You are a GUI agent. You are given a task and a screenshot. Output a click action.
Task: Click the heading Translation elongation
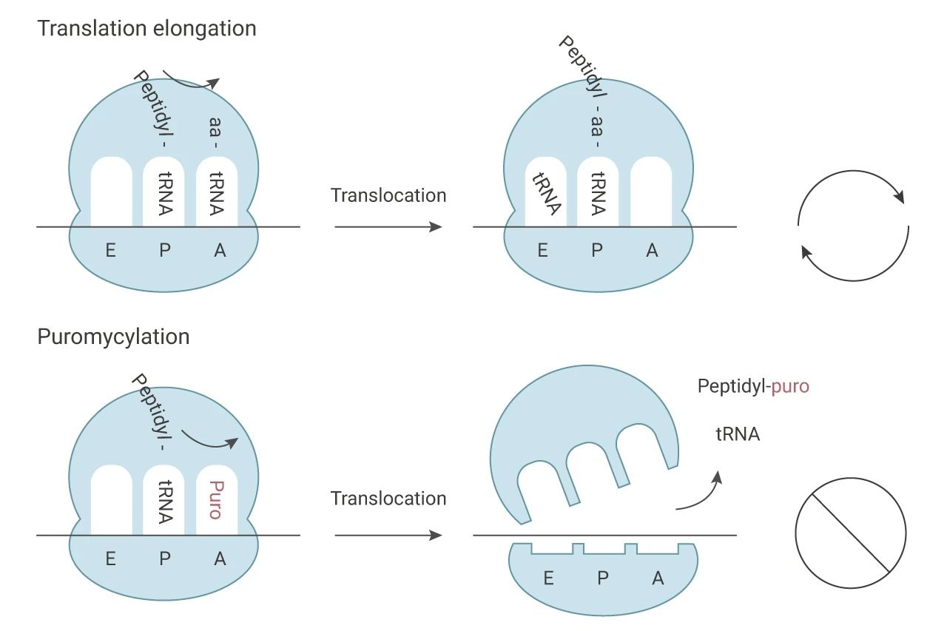(146, 30)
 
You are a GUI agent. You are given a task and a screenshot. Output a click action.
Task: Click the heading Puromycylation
(113, 337)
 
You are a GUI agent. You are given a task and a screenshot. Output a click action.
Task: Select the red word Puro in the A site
(216, 500)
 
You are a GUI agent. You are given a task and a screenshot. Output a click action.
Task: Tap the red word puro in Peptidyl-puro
(790, 387)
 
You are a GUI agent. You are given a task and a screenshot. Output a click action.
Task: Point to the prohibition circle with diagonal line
(851, 533)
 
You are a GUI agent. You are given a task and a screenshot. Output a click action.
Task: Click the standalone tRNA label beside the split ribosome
(738, 434)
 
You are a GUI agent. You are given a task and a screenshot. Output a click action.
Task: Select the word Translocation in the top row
(388, 196)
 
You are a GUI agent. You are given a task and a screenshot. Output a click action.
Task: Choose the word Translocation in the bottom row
(388, 499)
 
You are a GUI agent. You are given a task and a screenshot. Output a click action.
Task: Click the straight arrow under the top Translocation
(388, 227)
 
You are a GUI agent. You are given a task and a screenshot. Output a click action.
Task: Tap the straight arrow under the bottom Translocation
(388, 536)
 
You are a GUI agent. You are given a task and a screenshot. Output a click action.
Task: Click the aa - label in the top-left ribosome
(215, 132)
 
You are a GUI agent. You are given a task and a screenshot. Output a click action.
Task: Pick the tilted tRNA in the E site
(547, 194)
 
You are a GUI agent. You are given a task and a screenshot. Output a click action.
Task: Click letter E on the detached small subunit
(548, 578)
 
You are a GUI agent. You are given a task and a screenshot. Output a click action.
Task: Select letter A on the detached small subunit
(658, 578)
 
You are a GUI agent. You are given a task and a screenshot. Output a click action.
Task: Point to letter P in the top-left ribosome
(165, 251)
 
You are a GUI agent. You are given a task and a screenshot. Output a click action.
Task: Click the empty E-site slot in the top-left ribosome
(112, 192)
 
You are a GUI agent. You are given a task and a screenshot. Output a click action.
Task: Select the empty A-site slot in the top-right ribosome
(651, 192)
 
